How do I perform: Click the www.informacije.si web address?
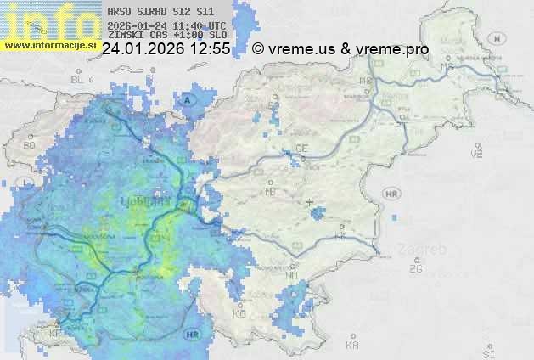pos(50,44)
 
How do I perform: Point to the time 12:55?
pos(210,49)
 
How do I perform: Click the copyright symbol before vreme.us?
pos(258,49)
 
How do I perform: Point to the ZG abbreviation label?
pos(415,269)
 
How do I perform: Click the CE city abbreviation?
pos(301,149)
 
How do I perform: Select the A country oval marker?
pos(188,100)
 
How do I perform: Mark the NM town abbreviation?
pos(292,275)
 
